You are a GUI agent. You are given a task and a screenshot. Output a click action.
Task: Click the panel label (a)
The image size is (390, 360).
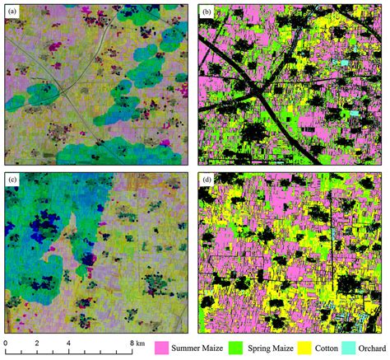(x=14, y=12)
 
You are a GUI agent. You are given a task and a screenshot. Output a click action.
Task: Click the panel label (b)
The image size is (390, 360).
(x=209, y=12)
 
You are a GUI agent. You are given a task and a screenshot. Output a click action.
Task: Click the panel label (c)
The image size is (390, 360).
(x=14, y=180)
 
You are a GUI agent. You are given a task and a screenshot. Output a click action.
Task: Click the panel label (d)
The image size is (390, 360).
(x=209, y=180)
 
